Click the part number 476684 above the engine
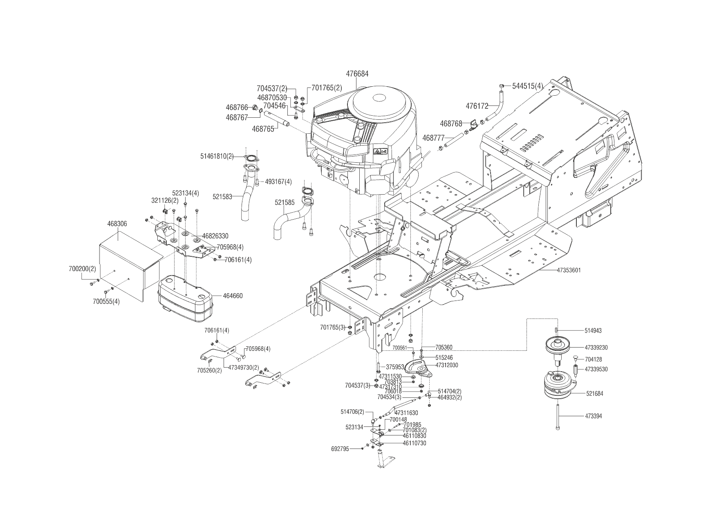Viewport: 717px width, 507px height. coord(357,74)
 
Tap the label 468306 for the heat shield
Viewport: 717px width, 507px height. coord(117,224)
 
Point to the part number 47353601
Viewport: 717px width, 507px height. coord(569,270)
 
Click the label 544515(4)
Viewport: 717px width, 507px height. coord(528,86)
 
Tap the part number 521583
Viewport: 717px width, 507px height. coord(222,197)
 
